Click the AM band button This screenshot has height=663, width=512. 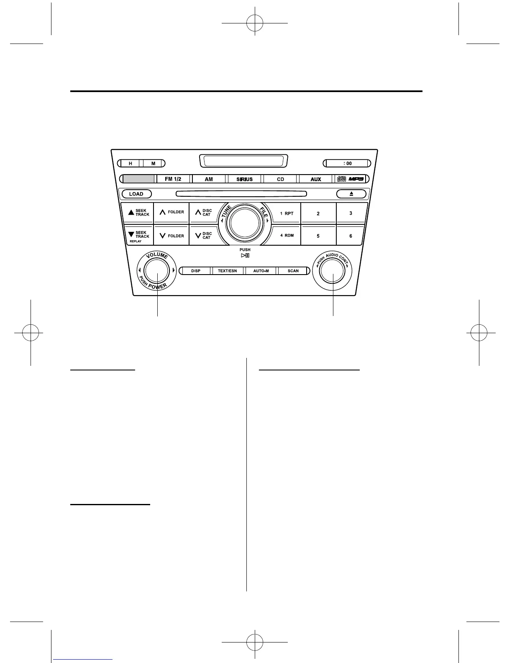209,179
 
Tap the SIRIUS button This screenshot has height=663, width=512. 244,179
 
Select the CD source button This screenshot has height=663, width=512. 280,179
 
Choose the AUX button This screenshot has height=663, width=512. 316,179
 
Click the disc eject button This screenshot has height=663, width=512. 351,194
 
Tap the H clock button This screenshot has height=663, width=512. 131,163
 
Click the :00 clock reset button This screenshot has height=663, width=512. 347,163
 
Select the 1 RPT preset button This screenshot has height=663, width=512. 287,213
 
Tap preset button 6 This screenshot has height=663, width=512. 351,236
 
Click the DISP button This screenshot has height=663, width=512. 196,271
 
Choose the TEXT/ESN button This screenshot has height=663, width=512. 228,271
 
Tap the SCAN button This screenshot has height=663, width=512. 293,271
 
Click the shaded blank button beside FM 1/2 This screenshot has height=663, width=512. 139,179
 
